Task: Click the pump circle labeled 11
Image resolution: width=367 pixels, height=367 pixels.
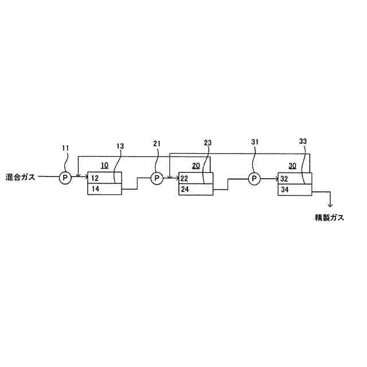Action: [65, 178]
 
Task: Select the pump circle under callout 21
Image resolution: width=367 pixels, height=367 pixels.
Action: [157, 179]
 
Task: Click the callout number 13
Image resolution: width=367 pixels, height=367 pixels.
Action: [120, 146]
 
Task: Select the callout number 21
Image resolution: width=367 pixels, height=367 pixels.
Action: [157, 143]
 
